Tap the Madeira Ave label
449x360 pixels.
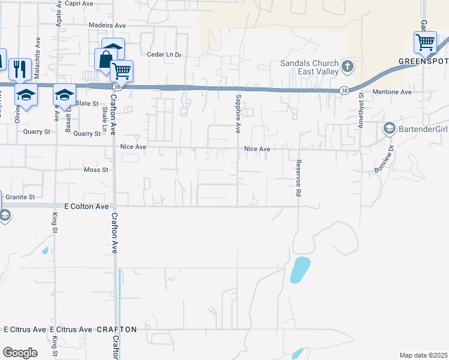pos(107,25)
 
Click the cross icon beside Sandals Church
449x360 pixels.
pos(347,67)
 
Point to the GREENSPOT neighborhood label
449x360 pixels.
pos(423,62)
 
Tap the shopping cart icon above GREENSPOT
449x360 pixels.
pos(425,42)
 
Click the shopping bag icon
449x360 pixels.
pos(105,59)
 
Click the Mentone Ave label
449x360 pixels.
pos(392,92)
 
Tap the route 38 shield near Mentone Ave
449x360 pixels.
pos(343,91)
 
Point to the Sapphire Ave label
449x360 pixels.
pos(238,113)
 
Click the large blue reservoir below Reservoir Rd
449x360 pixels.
pos(300,269)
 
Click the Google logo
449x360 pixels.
pos(20,353)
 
